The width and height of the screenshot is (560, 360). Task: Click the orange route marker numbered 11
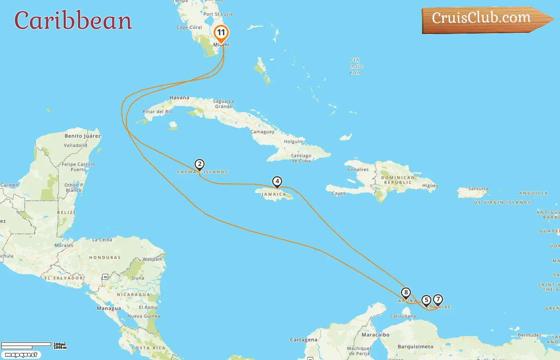[x=221, y=33]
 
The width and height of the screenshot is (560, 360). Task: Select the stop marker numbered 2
[x=200, y=164]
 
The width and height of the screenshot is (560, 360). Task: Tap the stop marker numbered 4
[x=277, y=182]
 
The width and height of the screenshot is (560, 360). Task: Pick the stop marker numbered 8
[x=406, y=293]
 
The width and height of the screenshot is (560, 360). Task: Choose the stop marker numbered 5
[x=426, y=300]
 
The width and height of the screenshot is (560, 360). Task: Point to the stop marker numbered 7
[x=438, y=299]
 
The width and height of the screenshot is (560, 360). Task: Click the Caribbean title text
[x=73, y=21]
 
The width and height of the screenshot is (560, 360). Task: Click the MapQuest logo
[x=21, y=355]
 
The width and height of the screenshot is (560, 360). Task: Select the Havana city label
[x=179, y=98]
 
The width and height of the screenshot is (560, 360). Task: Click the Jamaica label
[x=274, y=194]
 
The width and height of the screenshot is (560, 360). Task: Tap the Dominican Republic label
[x=398, y=180]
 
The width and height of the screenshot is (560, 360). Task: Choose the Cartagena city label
[x=304, y=340]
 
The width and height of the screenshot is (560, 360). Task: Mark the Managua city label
[x=109, y=308]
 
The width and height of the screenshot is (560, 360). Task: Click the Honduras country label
[x=105, y=258]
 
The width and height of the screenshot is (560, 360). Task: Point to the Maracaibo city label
[x=375, y=335]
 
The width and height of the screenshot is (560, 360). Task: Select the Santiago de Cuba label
[x=301, y=158]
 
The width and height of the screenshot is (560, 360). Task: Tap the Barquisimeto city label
[x=415, y=347]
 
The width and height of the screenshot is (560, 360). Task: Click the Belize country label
[x=66, y=212]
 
